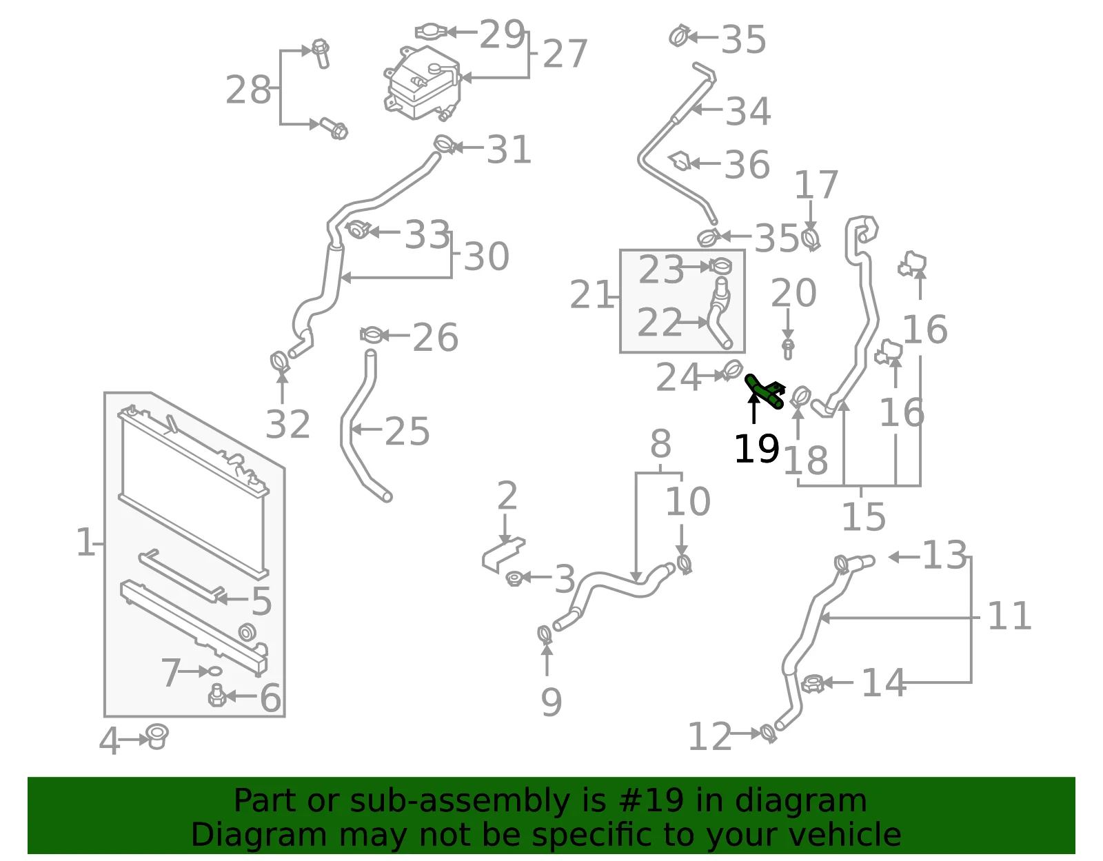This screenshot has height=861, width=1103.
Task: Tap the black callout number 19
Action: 756,449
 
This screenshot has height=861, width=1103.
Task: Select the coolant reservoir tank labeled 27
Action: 423,83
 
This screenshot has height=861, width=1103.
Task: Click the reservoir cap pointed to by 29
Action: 430,32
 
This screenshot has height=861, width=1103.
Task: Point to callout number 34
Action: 748,110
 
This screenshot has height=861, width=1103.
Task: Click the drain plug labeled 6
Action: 217,696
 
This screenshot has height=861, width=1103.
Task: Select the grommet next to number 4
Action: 157,737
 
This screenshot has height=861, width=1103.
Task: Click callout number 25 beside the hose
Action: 407,432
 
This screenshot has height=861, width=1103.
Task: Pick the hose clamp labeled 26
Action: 372,335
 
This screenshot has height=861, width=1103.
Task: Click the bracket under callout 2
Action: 503,554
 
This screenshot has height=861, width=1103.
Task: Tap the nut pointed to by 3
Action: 514,578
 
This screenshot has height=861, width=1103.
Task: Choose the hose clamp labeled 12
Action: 769,733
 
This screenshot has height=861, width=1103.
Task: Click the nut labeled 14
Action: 813,683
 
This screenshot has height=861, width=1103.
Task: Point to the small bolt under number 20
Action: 788,349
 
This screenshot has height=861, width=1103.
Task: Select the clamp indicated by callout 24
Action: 732,370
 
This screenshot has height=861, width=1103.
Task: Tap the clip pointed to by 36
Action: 680,161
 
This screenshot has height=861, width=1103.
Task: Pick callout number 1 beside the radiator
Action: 85,542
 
